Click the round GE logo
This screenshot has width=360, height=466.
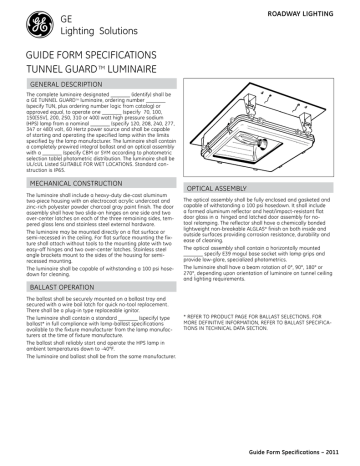pyautogui.click(x=23, y=26)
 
